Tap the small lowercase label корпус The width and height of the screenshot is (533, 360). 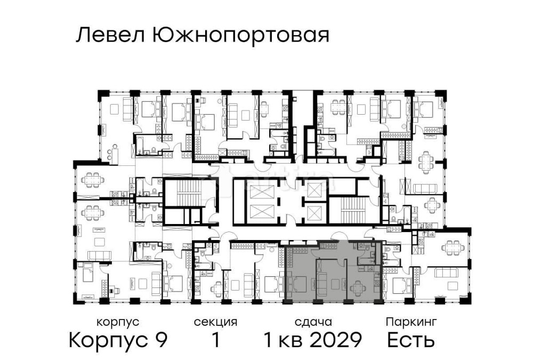(118, 322)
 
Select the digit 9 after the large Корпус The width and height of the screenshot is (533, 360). (161, 339)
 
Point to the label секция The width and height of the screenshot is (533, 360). (215, 322)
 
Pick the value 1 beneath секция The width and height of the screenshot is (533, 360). (215, 339)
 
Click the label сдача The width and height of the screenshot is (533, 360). (313, 322)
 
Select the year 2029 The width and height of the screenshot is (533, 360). (338, 339)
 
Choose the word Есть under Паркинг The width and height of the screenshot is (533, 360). (411, 339)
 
